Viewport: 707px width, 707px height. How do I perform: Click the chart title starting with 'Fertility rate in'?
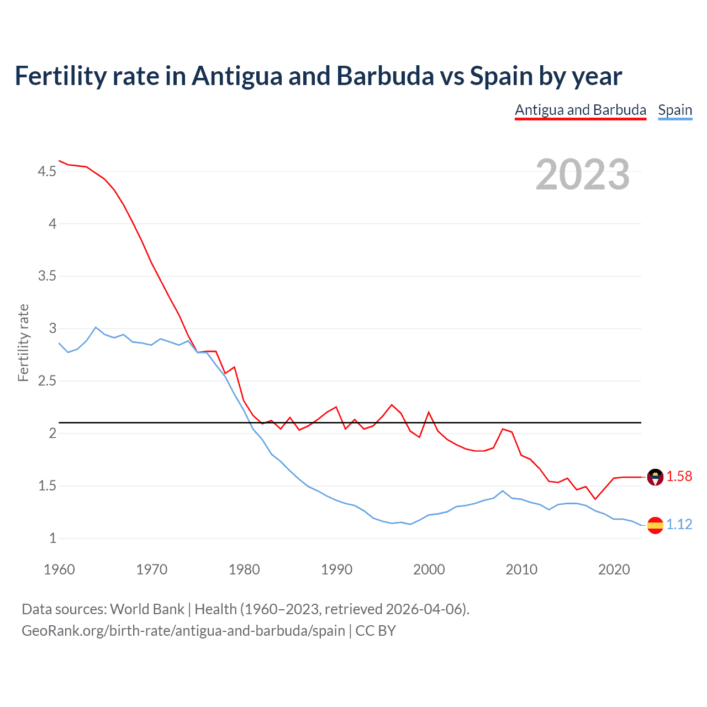(x=318, y=76)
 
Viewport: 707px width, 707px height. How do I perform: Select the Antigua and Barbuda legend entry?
(x=580, y=110)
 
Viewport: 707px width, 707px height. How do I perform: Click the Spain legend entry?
(x=675, y=110)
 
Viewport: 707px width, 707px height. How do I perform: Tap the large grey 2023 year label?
(x=582, y=175)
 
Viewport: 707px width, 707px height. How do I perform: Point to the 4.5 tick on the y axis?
(x=47, y=172)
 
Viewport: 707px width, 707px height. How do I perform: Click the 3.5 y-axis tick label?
(x=47, y=276)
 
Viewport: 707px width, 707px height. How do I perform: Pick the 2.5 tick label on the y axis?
(x=47, y=381)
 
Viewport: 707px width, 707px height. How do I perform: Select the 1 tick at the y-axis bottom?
(x=52, y=539)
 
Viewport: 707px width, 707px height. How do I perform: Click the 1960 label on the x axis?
(x=59, y=569)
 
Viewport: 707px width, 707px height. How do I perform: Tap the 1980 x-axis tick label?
(x=244, y=569)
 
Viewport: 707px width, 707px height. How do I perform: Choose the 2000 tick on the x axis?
(x=429, y=569)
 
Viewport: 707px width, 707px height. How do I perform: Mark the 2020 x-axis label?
(x=614, y=569)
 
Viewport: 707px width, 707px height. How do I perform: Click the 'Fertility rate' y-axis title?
(x=23, y=342)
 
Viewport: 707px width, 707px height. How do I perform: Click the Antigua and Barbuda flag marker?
(x=655, y=477)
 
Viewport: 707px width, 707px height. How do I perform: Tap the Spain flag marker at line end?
(x=655, y=525)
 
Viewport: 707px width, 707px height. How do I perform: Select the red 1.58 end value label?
(x=679, y=476)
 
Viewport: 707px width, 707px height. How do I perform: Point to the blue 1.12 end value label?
(x=679, y=524)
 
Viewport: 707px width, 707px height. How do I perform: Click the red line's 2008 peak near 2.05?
(x=503, y=429)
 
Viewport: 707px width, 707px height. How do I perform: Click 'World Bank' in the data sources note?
(x=147, y=609)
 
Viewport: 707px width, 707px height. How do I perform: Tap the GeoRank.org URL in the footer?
(x=183, y=631)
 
